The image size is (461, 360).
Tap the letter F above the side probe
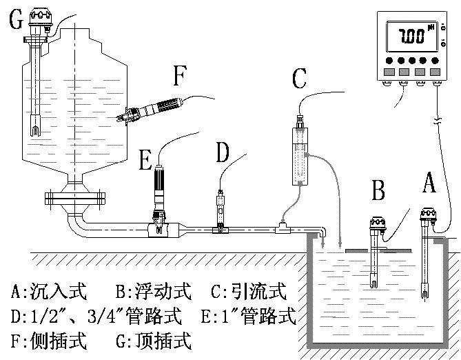click(x=180, y=76)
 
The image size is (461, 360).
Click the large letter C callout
click(x=298, y=79)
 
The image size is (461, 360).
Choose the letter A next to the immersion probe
click(x=429, y=183)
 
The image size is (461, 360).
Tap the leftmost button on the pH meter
click(x=389, y=71)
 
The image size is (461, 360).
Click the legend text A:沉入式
click(x=49, y=291)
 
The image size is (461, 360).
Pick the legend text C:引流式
click(x=249, y=291)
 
